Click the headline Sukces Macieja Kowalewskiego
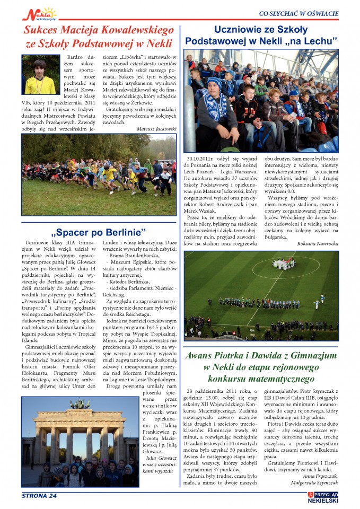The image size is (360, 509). [x=99, y=30]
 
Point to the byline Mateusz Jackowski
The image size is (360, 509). [x=156, y=128]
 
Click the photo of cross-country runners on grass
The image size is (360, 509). [x=99, y=174]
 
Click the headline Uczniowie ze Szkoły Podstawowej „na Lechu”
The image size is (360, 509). [x=261, y=35]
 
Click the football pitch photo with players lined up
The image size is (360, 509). [x=261, y=295]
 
